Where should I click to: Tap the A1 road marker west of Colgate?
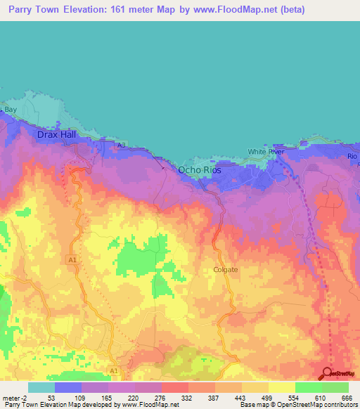[x=72, y=260]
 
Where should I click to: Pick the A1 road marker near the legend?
[x=114, y=370]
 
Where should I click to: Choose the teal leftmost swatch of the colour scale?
[x=41, y=387]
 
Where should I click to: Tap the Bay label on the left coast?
[x=10, y=110]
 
